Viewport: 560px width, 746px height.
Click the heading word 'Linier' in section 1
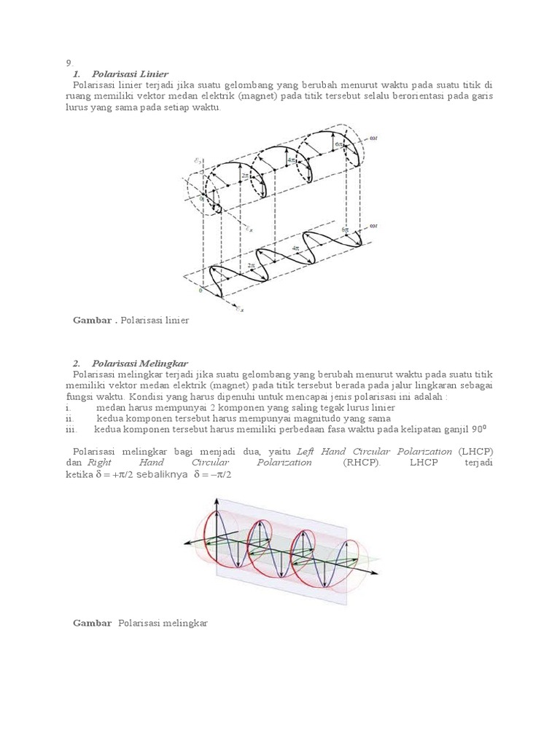click(153, 74)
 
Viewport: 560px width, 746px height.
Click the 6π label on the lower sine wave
click(346, 229)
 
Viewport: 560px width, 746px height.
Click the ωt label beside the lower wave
click(373, 225)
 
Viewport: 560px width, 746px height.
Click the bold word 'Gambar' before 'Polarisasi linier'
click(93, 320)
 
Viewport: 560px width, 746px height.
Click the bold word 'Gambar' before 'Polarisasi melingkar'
click(93, 623)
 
